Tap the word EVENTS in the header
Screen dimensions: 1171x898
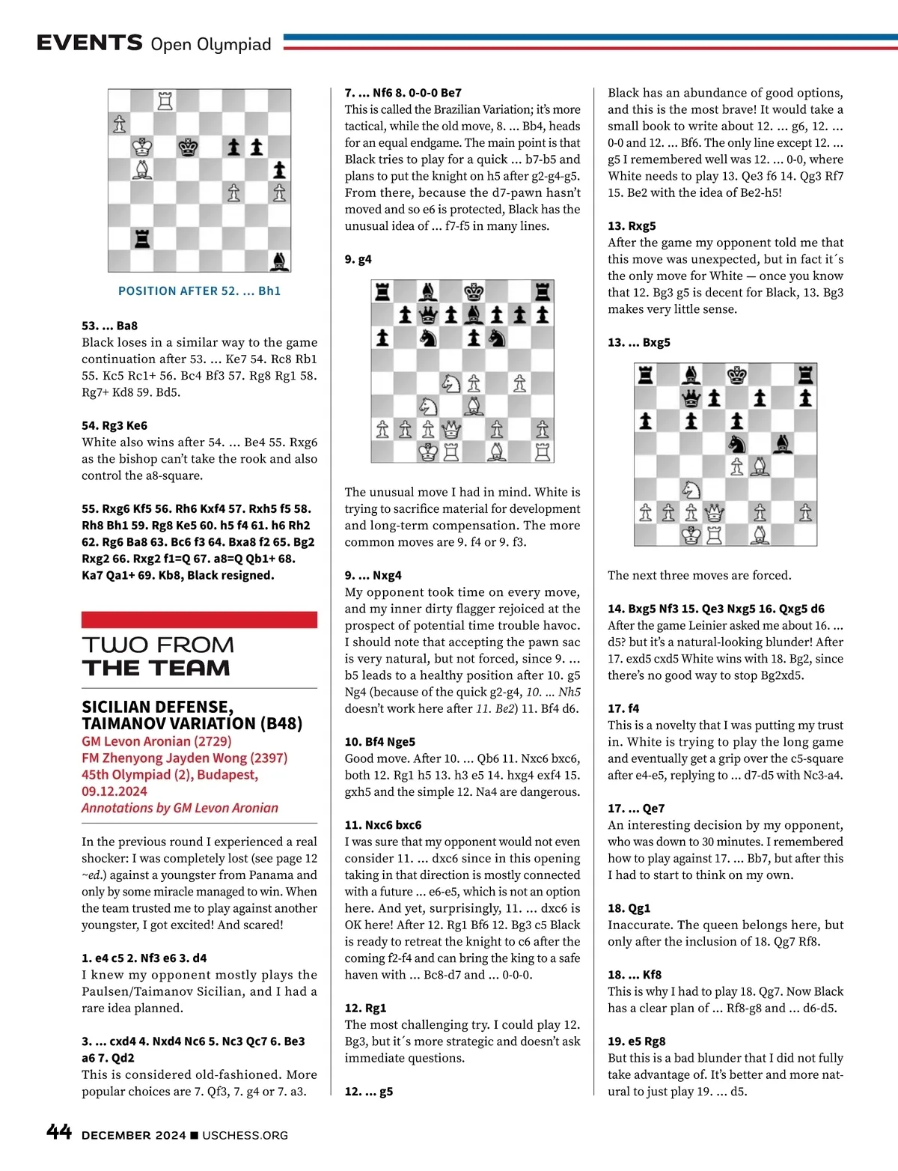pos(89,43)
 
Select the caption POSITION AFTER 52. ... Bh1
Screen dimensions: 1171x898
pos(199,291)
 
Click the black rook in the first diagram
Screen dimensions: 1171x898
pos(141,238)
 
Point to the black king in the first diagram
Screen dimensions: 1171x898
pos(188,147)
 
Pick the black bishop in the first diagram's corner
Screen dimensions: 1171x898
pos(279,261)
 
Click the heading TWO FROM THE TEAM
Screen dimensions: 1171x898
pos(157,656)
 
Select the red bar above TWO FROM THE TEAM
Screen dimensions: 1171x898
pos(199,619)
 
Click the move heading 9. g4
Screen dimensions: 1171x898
pos(358,259)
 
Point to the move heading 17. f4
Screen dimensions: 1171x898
pos(623,708)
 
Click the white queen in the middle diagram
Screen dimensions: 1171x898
pos(451,430)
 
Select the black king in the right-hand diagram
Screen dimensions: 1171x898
pos(737,374)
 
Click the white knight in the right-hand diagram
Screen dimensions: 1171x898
pos(691,490)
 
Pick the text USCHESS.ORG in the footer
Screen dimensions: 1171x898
pos(245,1135)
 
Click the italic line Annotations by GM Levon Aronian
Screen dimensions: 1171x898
pos(180,808)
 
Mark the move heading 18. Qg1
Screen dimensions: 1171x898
pos(629,908)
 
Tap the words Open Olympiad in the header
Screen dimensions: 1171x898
pos(211,44)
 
